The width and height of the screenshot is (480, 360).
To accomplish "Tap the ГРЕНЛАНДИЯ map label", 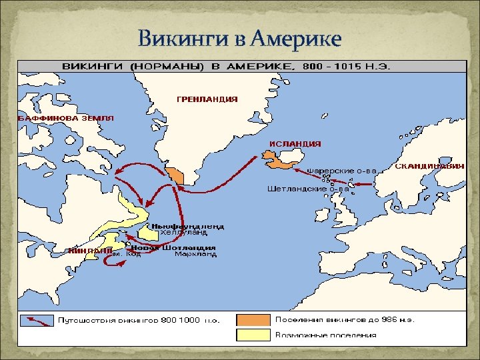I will click(207, 99).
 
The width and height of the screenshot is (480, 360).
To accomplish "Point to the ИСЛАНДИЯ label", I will click(295, 143).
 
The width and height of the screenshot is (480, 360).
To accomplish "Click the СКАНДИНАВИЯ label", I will click(430, 166).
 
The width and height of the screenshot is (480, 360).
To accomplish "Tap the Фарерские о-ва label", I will click(341, 171).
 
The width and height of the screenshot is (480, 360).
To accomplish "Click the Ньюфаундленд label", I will click(187, 226).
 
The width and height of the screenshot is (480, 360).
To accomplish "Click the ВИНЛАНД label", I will click(89, 251).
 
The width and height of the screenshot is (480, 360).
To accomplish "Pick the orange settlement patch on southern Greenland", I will click(176, 175).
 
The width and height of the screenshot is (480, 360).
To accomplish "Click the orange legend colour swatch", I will click(252, 320).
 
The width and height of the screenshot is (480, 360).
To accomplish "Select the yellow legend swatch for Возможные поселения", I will click(252, 335).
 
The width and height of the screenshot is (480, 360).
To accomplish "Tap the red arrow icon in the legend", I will click(37, 320).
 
